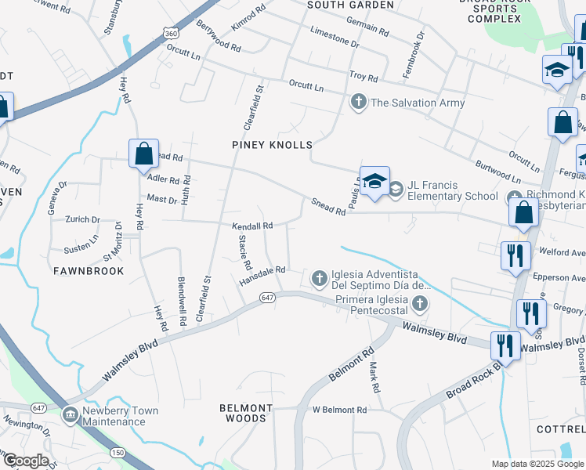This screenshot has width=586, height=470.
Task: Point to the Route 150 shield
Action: (118, 452)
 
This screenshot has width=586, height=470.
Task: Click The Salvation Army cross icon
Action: (359, 102)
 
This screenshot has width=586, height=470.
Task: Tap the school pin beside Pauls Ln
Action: (374, 182)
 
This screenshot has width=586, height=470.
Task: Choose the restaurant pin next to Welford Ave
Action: (514, 255)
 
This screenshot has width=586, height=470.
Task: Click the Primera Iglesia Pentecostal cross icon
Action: (421, 303)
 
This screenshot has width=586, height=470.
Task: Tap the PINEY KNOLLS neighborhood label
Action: (272, 145)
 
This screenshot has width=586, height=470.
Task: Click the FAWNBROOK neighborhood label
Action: (89, 271)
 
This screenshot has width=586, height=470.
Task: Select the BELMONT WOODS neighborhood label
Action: (245, 413)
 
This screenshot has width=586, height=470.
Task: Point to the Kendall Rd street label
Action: (251, 226)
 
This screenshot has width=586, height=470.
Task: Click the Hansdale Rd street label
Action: (262, 276)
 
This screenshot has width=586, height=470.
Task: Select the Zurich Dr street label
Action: (83, 219)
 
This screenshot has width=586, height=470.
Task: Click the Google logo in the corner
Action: (25, 461)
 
